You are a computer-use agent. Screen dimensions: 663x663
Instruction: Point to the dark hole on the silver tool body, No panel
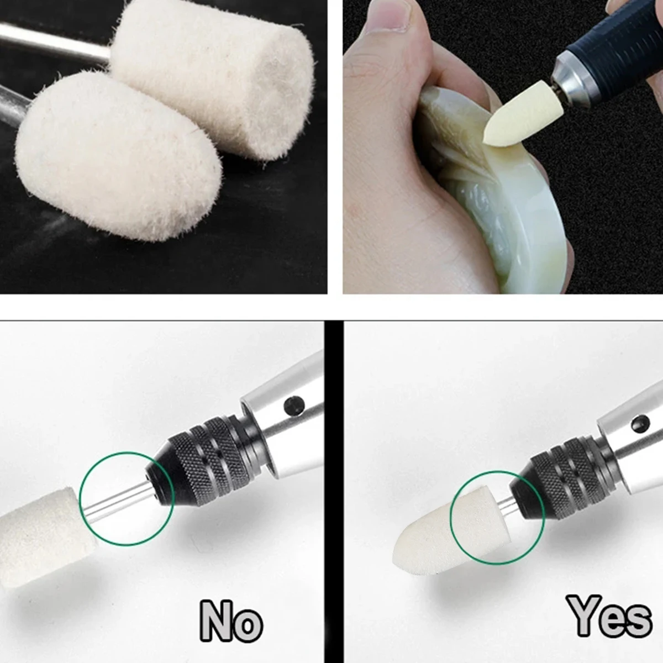pos(294,407)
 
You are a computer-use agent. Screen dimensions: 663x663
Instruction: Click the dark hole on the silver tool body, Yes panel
pos(641,424)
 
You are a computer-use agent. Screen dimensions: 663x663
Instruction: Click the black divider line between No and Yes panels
pos(333,492)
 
